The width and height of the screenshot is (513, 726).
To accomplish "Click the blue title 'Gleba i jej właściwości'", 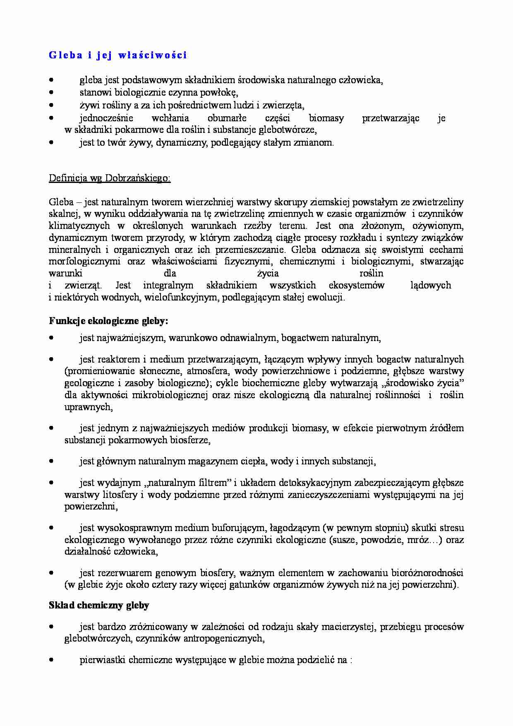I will pos(118,55).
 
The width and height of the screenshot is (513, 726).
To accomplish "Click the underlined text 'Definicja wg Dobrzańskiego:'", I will pos(110,178).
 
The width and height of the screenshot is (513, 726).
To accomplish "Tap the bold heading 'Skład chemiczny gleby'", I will pos(99,605).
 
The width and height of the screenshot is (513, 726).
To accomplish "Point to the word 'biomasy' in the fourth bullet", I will pos(326,118).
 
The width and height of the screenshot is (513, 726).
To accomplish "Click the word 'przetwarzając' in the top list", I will pos(391,118).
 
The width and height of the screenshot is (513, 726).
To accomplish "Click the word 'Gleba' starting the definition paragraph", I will pos(61,202).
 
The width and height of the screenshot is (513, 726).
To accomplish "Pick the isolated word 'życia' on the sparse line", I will pos(268,274).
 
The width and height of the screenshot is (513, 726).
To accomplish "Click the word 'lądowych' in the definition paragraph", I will pos(431,285).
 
